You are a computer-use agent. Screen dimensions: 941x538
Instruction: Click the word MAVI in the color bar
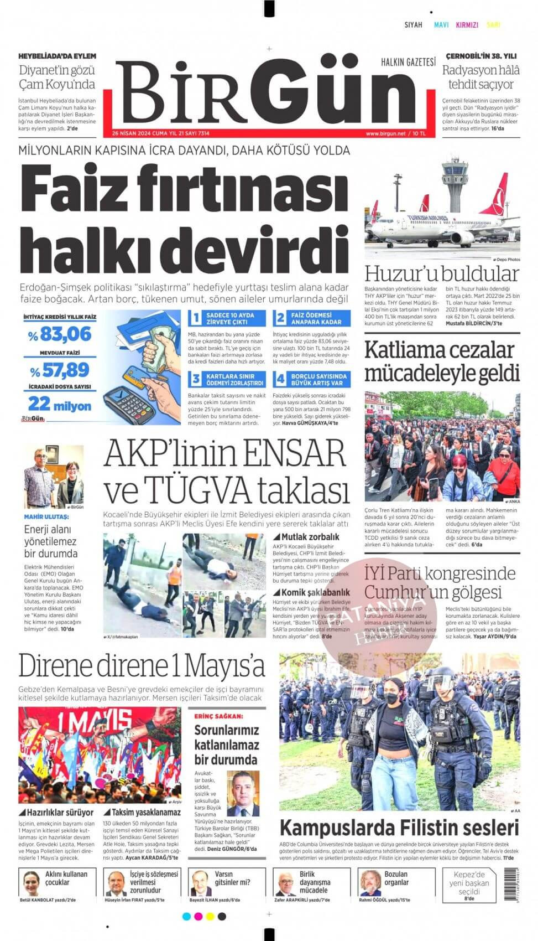pos(441,25)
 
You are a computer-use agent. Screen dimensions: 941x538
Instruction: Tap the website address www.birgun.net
pos(385,133)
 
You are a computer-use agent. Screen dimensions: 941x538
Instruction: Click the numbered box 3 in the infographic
pos(195,380)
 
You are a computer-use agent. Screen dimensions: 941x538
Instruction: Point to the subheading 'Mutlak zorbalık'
pos(310,536)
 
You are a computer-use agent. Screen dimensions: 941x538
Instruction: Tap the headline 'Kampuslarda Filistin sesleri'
pos(399,829)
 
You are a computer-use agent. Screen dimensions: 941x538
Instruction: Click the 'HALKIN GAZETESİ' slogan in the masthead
pos(409,63)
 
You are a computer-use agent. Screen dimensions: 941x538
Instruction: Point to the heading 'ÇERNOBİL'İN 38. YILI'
pos(480,56)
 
